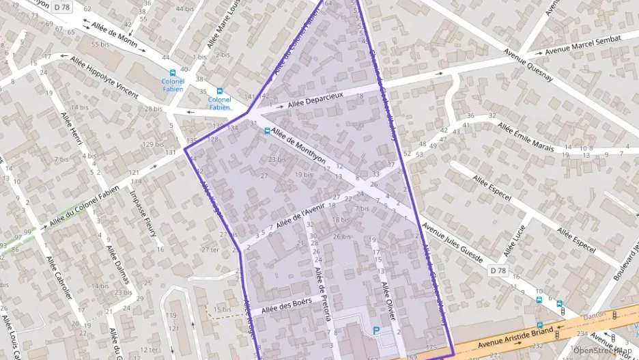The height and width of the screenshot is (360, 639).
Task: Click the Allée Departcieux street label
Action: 315,100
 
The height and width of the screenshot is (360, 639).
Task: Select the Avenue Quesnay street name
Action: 528,64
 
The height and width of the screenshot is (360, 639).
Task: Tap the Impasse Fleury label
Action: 143,213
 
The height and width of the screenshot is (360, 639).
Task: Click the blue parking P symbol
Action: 375,331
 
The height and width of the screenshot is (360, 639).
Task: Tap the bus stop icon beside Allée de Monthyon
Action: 266,131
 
